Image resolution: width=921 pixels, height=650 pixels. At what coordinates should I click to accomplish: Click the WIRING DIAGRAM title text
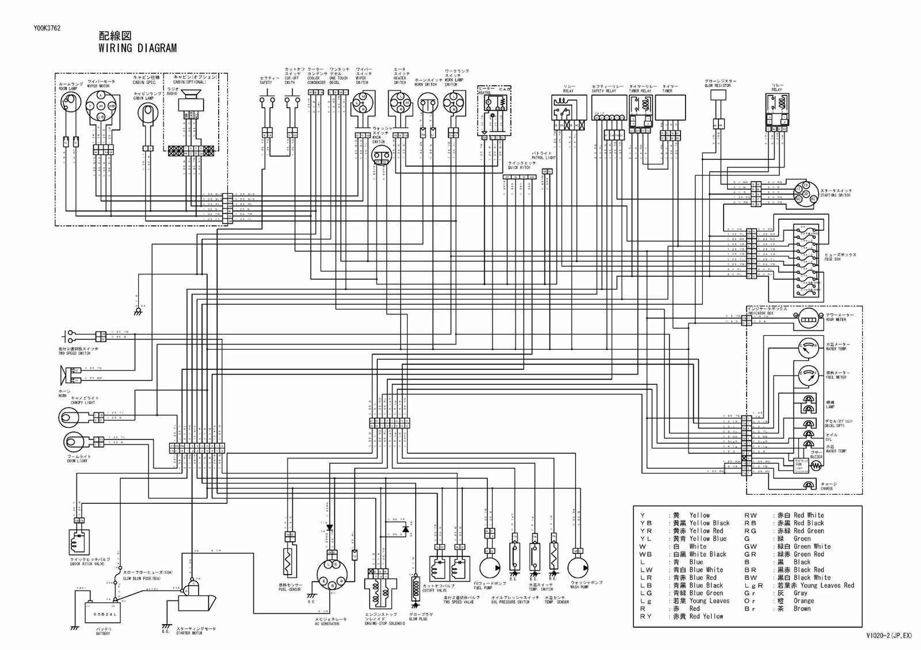tap(132, 48)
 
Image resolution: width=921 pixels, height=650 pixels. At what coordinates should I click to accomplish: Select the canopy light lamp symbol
tap(71, 416)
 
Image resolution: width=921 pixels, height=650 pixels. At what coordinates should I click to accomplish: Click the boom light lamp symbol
tap(73, 442)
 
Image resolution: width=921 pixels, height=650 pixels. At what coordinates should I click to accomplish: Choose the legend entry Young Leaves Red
tap(823, 585)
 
